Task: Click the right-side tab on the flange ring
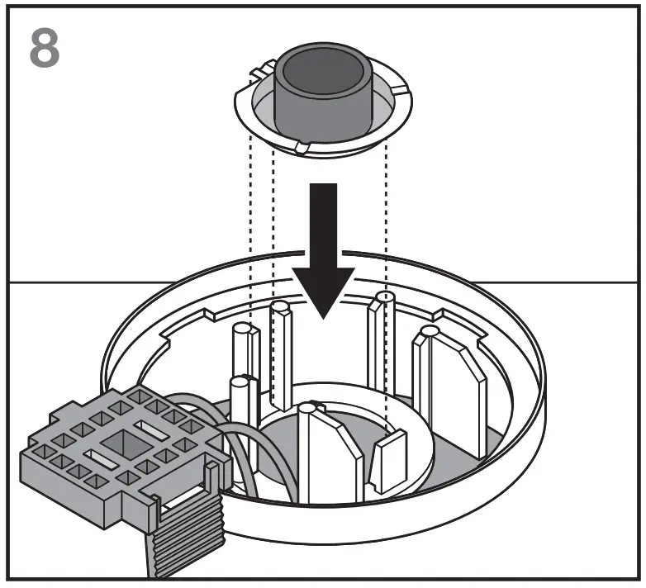click(x=399, y=90)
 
